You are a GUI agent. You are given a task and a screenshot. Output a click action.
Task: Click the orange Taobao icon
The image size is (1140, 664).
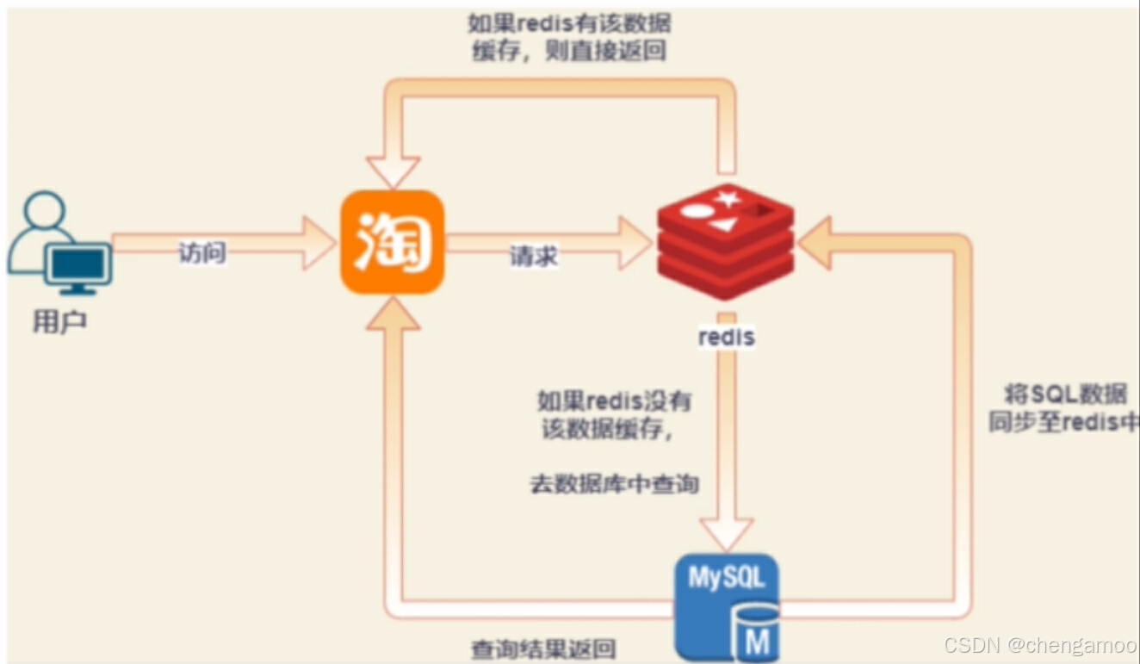click(x=392, y=242)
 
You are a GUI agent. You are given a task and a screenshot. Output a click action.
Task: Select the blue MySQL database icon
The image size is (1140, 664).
click(x=726, y=603)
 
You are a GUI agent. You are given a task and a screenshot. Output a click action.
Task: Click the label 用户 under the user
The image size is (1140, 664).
click(x=59, y=322)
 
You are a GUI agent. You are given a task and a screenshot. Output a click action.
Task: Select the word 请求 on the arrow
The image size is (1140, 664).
click(x=534, y=256)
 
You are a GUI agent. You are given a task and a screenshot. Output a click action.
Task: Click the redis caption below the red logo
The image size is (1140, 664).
click(x=726, y=337)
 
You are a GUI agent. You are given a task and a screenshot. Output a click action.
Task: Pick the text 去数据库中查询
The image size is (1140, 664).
click(x=614, y=484)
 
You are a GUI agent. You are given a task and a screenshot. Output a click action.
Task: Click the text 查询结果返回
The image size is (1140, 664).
click(x=543, y=648)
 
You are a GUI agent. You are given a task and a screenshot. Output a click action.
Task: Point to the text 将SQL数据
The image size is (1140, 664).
click(x=1065, y=394)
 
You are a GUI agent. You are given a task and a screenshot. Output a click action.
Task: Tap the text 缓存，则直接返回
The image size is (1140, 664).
click(x=569, y=51)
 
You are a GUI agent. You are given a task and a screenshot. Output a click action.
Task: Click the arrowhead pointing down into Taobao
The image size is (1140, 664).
click(x=393, y=171)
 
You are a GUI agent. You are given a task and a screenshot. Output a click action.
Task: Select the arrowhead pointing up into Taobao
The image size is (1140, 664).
click(x=393, y=313)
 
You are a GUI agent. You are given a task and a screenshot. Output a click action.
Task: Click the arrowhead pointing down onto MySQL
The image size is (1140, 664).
click(x=726, y=534)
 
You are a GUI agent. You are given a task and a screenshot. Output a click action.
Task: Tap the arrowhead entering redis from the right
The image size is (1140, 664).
click(x=815, y=243)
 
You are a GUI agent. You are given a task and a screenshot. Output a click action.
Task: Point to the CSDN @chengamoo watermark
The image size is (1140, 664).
click(x=1039, y=645)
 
